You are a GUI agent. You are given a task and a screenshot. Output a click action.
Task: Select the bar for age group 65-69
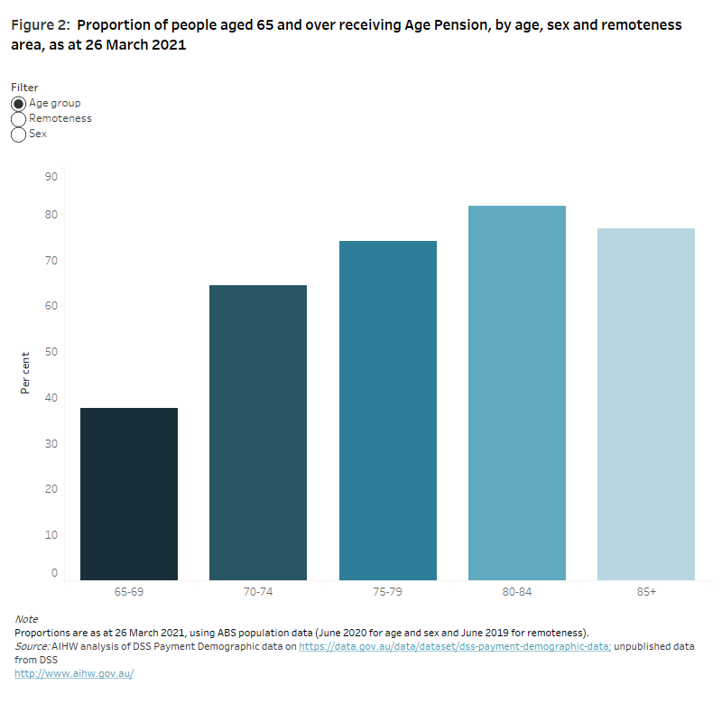pos(129,494)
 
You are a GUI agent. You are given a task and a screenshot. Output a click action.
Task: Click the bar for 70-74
pos(258,432)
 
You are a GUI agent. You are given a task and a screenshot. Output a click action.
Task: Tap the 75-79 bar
pos(388,411)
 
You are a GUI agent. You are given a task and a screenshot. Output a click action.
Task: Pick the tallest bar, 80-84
pos(517,393)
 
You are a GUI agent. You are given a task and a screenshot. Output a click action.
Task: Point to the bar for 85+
pos(646,404)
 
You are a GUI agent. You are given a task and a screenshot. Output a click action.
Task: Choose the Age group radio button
pos(19,104)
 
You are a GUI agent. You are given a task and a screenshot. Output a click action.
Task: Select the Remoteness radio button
pos(19,119)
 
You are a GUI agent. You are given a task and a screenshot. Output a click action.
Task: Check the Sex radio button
pos(19,134)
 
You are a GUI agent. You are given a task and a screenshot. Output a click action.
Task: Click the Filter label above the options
pos(24,88)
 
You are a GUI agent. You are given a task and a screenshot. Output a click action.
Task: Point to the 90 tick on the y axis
pos(51,177)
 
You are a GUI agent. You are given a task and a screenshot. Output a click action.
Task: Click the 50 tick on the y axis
pos(51,352)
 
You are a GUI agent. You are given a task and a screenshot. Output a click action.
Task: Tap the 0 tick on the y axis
pos(54,573)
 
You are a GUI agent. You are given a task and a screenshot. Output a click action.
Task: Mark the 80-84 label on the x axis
pos(517,593)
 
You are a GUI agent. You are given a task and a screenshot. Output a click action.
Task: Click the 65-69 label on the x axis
pos(129,593)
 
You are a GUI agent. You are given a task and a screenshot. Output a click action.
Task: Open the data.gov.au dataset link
pos(455,646)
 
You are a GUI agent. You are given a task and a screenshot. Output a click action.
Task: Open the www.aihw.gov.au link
pos(74,673)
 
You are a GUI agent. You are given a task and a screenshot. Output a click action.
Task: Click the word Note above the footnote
pos(26,619)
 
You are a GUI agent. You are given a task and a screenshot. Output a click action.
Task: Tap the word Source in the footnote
pos(32,646)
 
